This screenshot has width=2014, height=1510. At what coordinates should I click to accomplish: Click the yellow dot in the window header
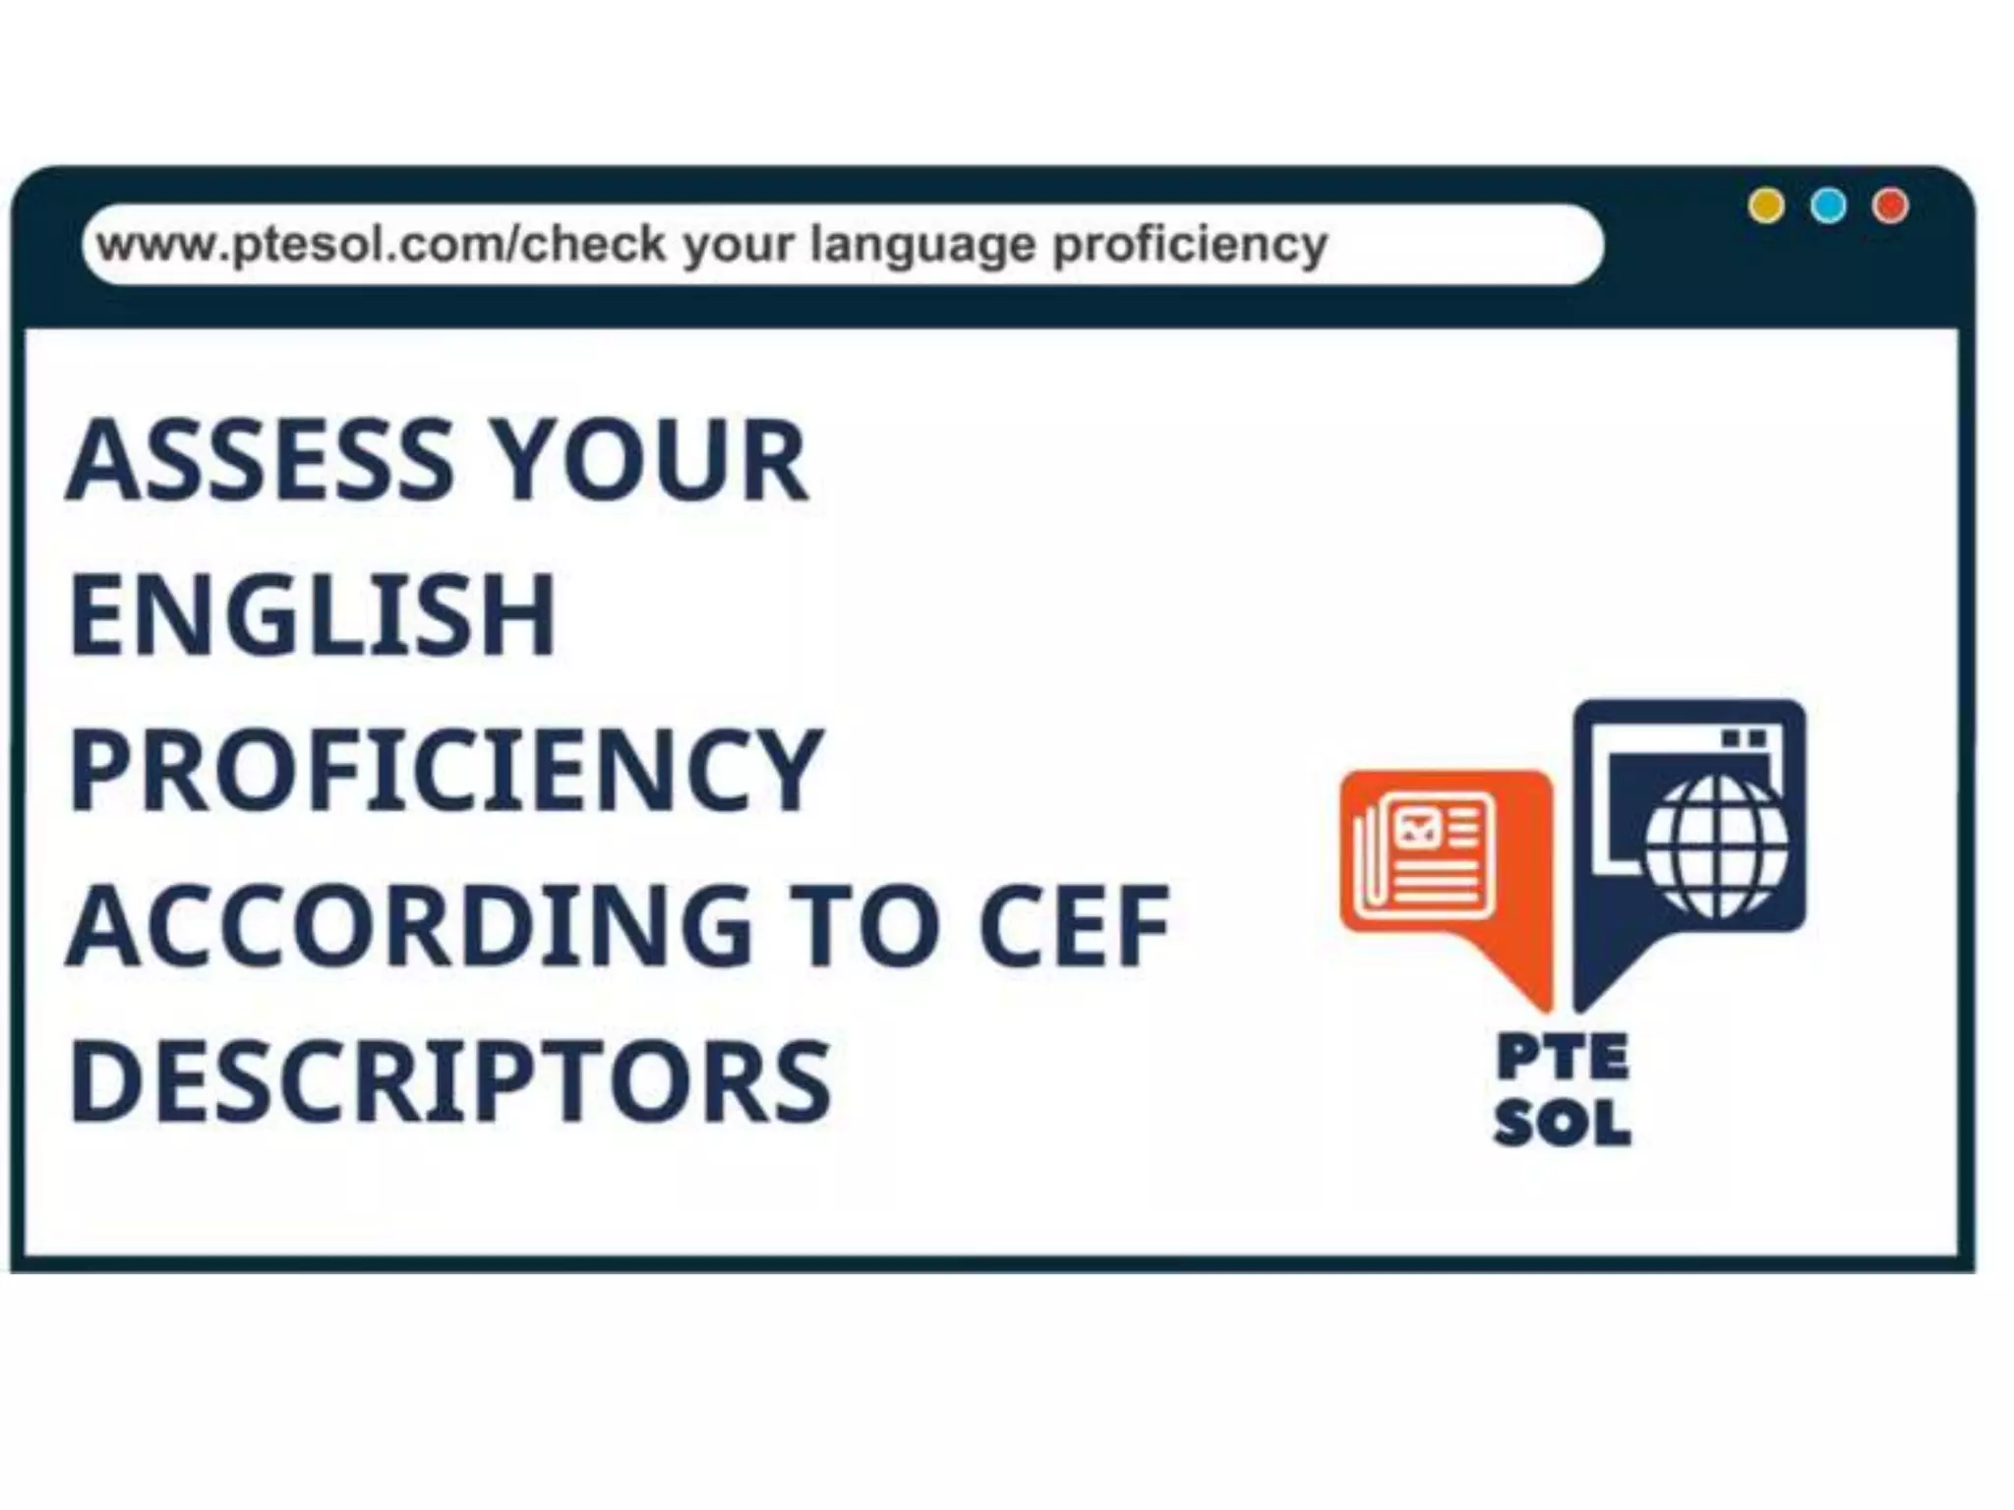pos(1766,206)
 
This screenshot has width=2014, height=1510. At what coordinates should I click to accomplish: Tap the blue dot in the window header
pos(1828,206)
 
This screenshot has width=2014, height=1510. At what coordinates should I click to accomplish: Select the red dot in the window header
pos(1890,206)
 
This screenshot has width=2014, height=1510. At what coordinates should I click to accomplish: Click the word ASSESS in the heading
pos(260,460)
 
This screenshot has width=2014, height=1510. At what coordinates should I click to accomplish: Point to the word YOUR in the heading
pos(649,460)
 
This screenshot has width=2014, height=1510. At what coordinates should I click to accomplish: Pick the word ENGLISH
pos(313,615)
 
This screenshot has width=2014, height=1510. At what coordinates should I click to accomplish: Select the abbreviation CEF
pos(1074,926)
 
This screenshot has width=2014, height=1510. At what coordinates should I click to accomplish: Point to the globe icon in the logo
pos(1717,845)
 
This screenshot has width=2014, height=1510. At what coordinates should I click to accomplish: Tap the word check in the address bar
pos(592,244)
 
